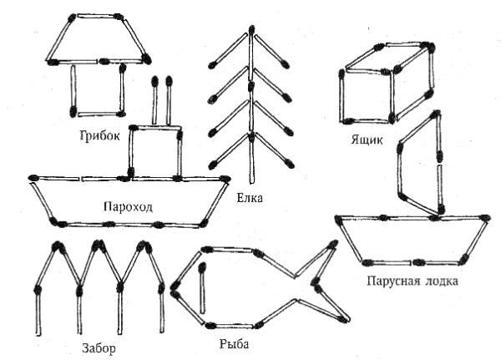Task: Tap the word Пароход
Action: click(x=127, y=205)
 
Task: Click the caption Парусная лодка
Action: click(x=411, y=281)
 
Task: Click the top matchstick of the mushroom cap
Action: click(x=99, y=15)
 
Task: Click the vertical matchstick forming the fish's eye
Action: click(x=201, y=284)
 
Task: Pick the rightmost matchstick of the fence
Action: click(x=161, y=309)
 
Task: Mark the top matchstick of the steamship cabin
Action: click(x=155, y=129)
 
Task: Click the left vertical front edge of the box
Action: click(x=343, y=96)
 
